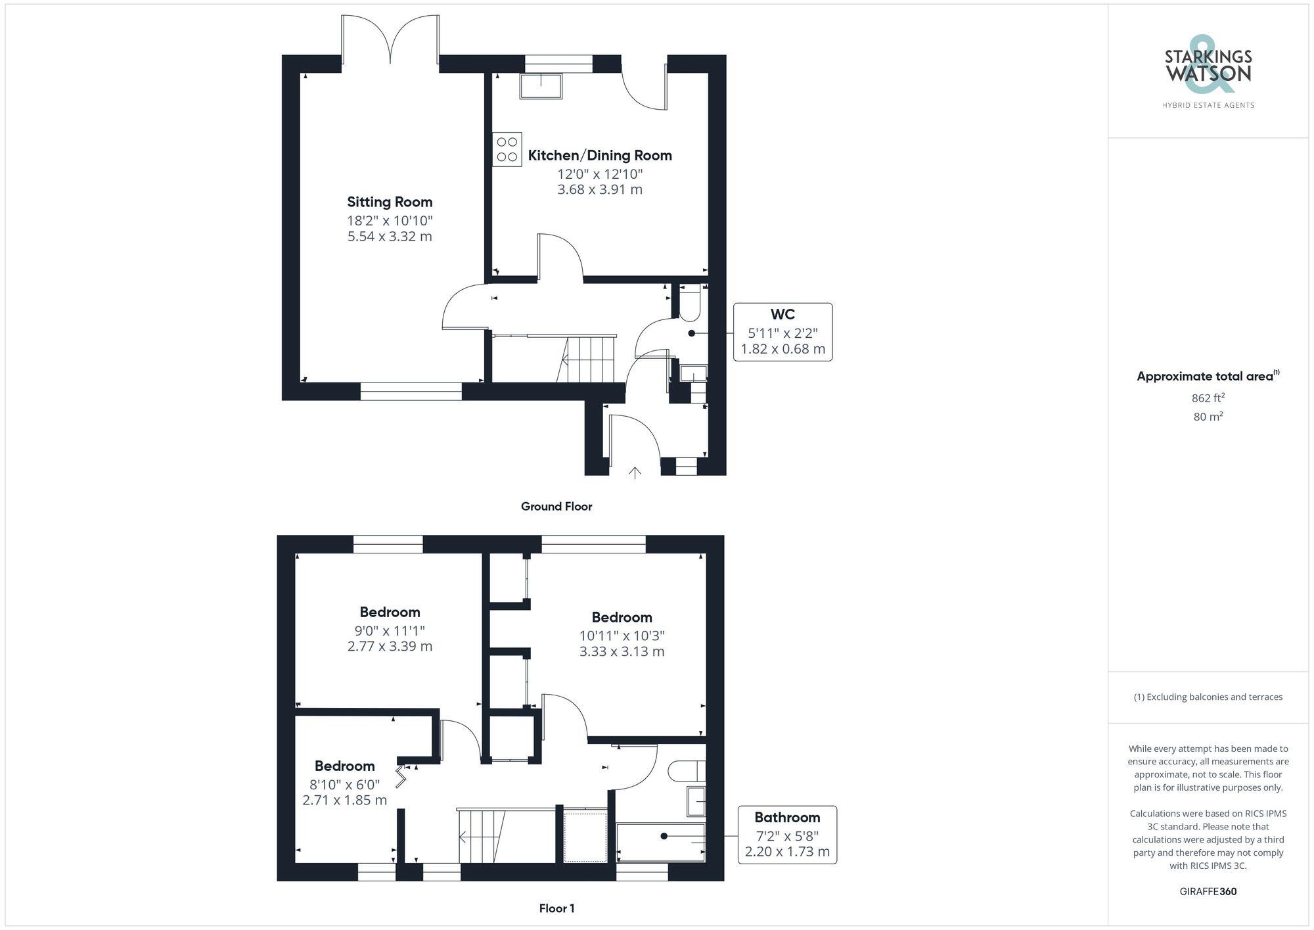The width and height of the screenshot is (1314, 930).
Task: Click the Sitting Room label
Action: [x=390, y=202]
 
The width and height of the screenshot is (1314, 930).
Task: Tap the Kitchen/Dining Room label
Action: [x=600, y=156]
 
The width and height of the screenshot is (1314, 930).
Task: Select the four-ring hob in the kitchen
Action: [x=507, y=149]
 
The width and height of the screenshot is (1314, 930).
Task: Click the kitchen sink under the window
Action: [x=541, y=86]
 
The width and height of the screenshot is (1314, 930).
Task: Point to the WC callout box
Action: [x=782, y=332]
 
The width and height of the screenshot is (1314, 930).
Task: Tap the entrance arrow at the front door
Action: [x=635, y=473]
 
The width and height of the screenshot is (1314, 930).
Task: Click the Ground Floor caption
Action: [x=556, y=506]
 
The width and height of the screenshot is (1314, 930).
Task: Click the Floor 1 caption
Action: [x=556, y=908]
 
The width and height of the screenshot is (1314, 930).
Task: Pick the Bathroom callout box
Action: [x=787, y=835]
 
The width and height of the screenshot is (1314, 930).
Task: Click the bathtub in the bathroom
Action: [x=660, y=842]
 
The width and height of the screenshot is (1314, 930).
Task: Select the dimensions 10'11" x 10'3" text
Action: [x=622, y=636]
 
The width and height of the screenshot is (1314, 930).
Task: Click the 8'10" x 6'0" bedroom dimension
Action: [x=344, y=784]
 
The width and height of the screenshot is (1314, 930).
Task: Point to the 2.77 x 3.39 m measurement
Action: [x=390, y=646]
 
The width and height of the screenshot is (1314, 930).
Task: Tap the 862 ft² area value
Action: [x=1208, y=398]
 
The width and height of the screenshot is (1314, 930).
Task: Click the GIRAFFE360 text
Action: [x=1208, y=892]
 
